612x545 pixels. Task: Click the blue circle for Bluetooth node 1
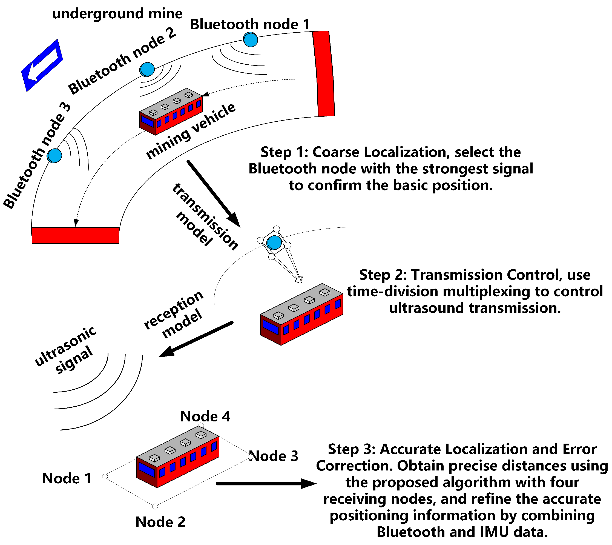251,40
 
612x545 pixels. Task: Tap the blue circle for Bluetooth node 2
147,70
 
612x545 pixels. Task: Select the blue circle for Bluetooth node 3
54,156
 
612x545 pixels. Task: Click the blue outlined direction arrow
42,65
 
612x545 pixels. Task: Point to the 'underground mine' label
117,14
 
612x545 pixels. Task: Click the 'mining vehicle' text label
191,131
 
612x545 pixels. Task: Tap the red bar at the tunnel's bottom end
75,235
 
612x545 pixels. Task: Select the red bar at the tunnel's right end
324,74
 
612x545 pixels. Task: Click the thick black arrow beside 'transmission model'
213,193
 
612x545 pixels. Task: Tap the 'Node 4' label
205,416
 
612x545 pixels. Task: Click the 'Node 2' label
160,522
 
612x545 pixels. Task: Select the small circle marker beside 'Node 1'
105,476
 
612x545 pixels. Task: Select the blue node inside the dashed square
274,242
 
